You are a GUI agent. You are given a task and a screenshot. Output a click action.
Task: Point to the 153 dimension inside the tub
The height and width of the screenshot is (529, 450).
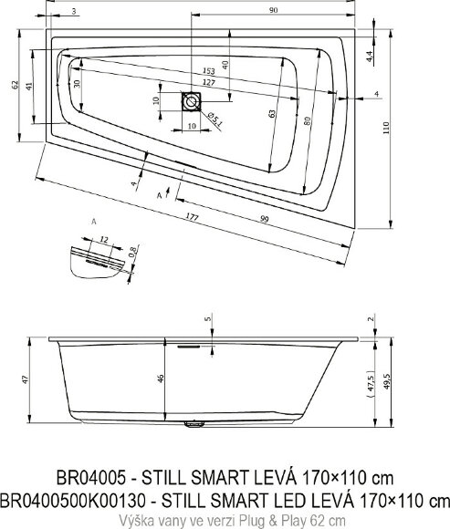pyautogui.click(x=209, y=70)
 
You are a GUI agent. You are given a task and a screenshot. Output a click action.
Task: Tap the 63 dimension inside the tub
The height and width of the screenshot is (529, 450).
pyautogui.click(x=272, y=114)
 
